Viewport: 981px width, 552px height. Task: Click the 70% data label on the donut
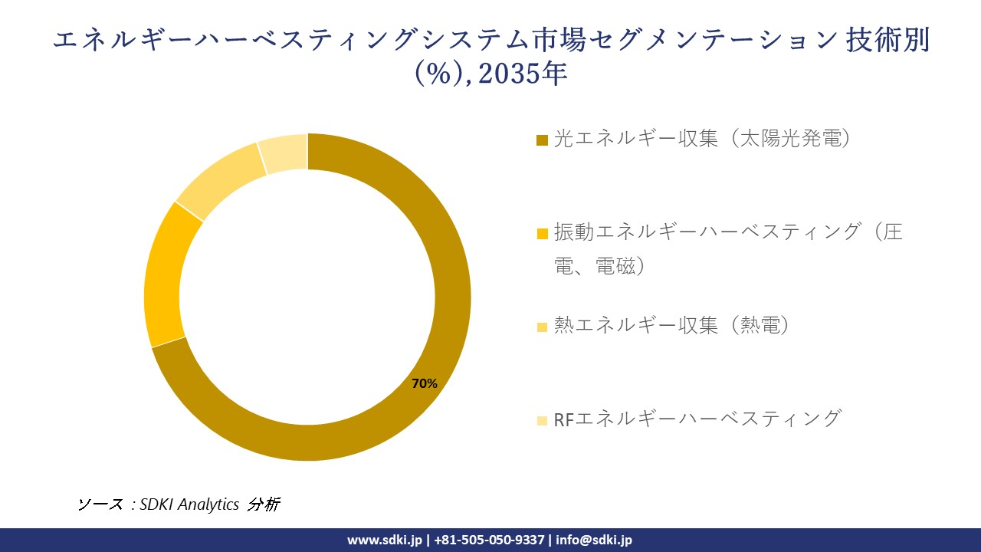[425, 383]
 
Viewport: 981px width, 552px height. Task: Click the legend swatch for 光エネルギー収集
[542, 140]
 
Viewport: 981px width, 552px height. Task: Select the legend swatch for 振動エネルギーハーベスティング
[542, 233]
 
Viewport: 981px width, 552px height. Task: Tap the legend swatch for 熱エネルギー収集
[542, 327]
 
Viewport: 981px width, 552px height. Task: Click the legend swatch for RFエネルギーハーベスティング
[542, 420]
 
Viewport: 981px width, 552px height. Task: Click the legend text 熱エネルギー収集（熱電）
[672, 326]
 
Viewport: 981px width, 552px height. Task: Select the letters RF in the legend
[563, 419]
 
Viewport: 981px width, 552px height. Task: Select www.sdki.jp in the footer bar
[384, 540]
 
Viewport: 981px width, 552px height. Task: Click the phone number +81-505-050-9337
[490, 540]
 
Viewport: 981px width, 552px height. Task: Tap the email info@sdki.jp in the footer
[594, 540]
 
